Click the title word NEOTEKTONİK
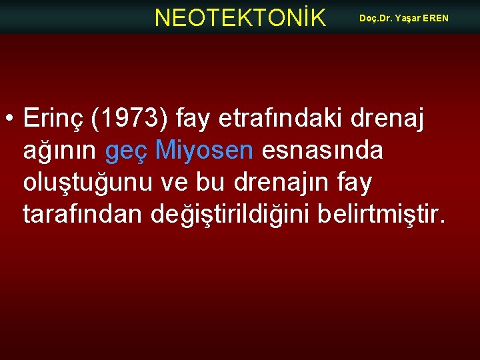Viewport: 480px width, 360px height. (240, 18)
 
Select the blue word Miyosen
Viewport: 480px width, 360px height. (204, 151)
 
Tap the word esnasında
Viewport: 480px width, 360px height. (323, 151)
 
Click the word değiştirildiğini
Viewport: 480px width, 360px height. (243, 215)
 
